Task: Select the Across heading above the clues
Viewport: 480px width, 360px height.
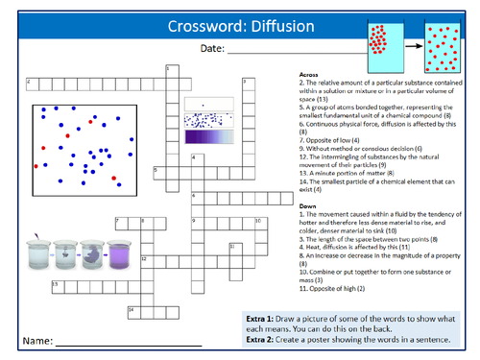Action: pos(308,74)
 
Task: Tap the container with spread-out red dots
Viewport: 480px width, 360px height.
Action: pos(444,48)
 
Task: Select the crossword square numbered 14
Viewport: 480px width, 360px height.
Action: pos(132,310)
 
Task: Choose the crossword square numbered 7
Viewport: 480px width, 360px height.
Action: pos(119,221)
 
